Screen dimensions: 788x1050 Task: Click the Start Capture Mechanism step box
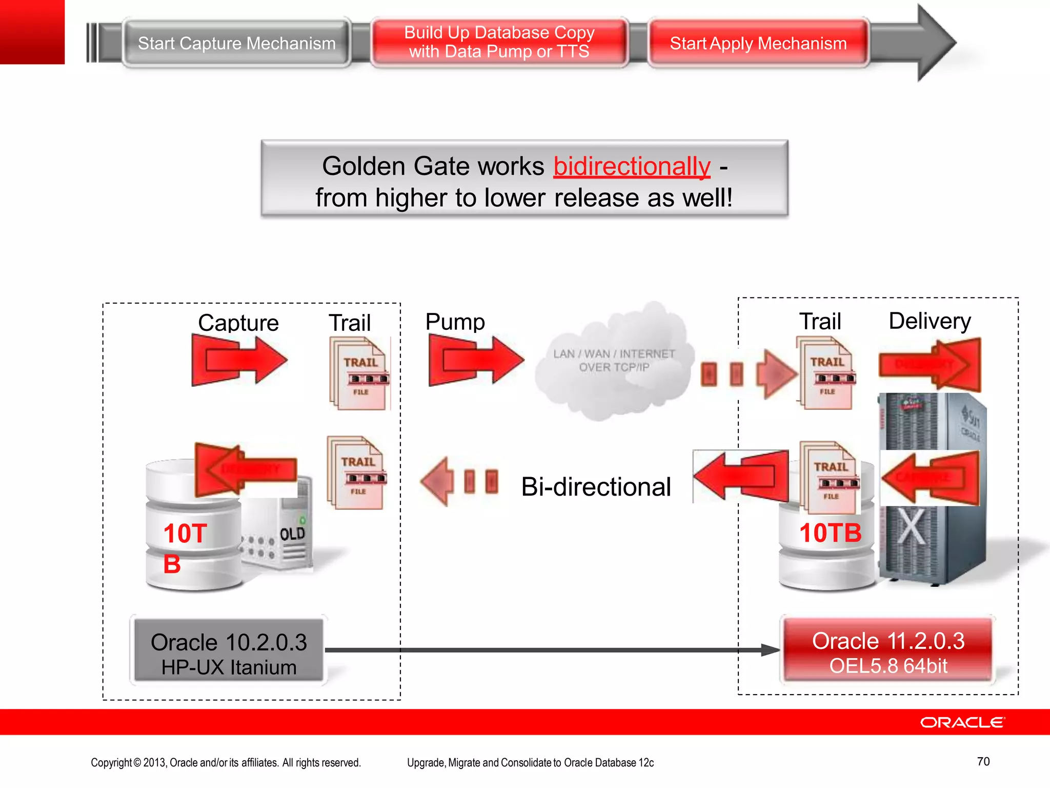[x=236, y=44]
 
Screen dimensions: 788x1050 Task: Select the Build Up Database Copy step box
[x=499, y=42]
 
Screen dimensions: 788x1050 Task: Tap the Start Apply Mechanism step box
[x=758, y=44]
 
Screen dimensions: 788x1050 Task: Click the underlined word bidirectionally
[x=632, y=166]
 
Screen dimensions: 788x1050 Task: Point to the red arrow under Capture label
[x=238, y=360]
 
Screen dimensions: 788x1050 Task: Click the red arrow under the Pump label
[x=475, y=360]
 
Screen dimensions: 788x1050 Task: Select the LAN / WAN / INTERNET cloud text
[x=614, y=360]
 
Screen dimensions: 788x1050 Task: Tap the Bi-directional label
[x=596, y=486]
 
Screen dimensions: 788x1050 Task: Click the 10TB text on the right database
[x=830, y=533]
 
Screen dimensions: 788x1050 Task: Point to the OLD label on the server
[x=292, y=534]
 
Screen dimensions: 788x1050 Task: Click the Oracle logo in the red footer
[x=962, y=722]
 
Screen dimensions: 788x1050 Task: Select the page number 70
[x=983, y=761]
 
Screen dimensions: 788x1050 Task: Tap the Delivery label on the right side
[x=930, y=321]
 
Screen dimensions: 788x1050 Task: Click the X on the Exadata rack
[x=911, y=526]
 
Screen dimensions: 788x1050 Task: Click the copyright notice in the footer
[x=226, y=762]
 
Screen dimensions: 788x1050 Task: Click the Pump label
[x=455, y=322]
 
